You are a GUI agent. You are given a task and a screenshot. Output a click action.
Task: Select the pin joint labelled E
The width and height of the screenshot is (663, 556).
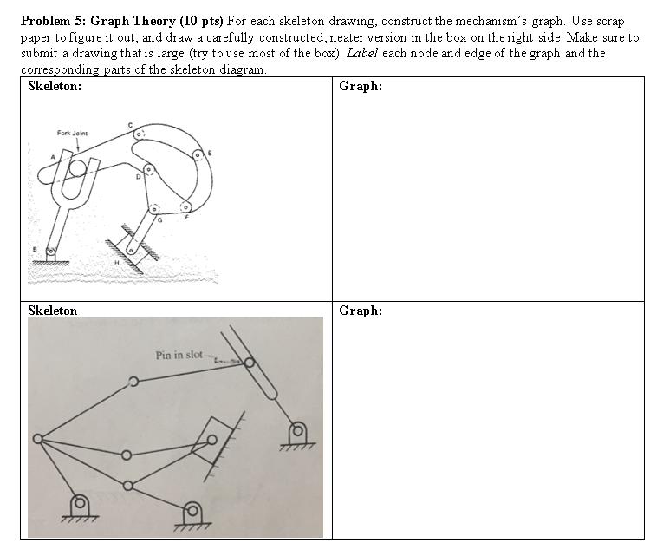[198, 155]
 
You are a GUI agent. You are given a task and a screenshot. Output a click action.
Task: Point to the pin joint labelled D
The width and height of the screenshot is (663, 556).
[149, 170]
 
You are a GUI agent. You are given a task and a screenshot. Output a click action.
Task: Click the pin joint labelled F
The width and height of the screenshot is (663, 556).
[185, 208]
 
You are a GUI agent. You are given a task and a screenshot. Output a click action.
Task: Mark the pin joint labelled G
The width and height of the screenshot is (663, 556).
[155, 209]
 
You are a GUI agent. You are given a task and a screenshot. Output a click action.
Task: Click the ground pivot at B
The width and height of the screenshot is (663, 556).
[51, 252]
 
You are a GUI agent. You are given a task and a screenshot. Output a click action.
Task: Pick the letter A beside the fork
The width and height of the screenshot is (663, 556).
[53, 156]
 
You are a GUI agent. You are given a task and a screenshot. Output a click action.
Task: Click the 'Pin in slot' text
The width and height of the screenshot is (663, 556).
[179, 355]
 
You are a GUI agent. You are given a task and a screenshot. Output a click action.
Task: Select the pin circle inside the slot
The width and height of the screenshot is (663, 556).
[250, 363]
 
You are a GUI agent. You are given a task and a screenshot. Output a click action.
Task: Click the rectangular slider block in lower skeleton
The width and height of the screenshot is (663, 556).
[210, 442]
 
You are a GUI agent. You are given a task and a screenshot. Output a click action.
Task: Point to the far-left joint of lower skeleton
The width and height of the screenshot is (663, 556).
[37, 439]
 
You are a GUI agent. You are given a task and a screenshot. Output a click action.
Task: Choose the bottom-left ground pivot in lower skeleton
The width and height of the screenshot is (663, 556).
[79, 502]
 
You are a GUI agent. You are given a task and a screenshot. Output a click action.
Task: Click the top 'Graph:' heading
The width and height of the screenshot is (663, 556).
[361, 87]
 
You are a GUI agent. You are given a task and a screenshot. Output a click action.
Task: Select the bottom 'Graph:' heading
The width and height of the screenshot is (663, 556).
[361, 311]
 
